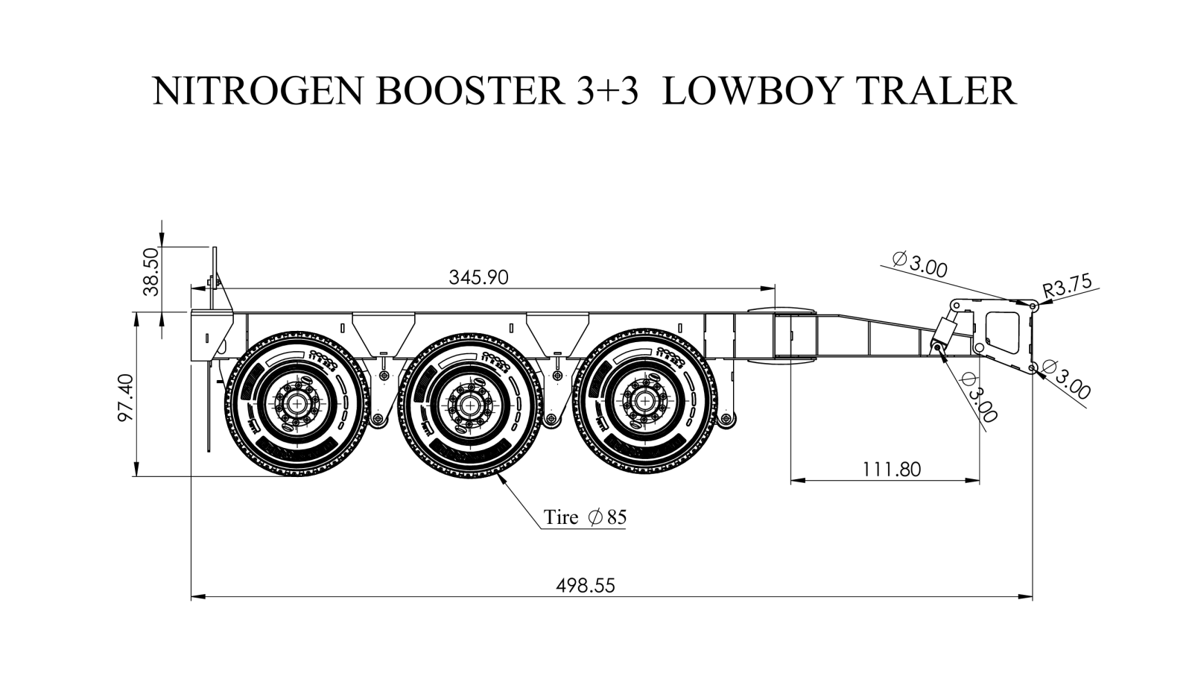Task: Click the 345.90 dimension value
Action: [478, 277]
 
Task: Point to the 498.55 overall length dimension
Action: [586, 586]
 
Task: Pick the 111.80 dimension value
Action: [891, 469]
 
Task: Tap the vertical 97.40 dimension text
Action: [126, 397]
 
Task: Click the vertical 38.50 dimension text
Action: [152, 271]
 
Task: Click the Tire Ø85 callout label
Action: [585, 517]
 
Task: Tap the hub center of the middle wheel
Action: [470, 405]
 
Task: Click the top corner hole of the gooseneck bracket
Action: [1033, 306]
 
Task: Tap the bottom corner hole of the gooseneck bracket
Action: [1033, 368]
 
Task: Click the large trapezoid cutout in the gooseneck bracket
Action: [1003, 332]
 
